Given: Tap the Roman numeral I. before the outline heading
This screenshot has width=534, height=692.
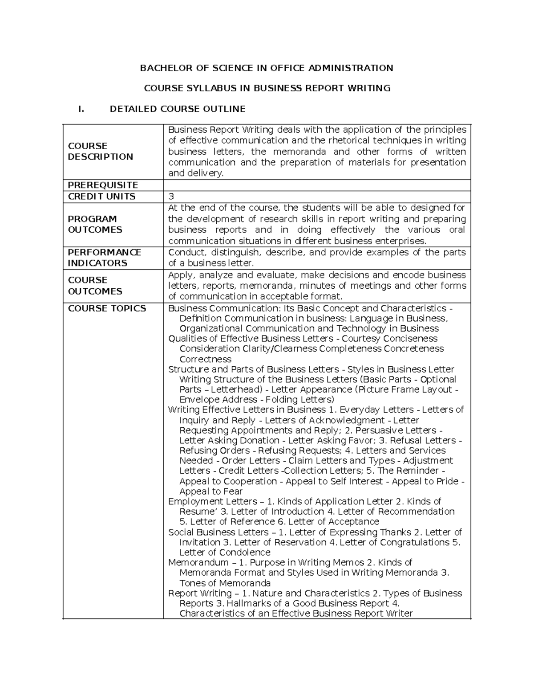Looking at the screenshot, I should (x=81, y=109).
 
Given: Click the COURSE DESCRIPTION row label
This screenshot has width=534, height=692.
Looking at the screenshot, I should (x=100, y=152).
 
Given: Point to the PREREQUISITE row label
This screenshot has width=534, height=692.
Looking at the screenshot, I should (x=103, y=185).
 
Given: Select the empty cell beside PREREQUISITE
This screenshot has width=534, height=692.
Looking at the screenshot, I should (x=317, y=185).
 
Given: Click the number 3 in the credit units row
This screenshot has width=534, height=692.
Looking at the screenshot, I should (x=171, y=197).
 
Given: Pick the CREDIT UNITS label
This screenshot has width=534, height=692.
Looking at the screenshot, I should (x=101, y=197).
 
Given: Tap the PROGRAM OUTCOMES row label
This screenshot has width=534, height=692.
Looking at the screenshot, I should (x=94, y=224).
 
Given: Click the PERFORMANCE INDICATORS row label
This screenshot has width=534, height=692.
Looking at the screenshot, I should (x=104, y=258).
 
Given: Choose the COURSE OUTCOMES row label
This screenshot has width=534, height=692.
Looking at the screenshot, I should (x=94, y=286).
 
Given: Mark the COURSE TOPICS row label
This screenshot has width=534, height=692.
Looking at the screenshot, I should (x=107, y=308).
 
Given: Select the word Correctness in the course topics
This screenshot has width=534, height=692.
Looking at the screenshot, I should (x=205, y=359).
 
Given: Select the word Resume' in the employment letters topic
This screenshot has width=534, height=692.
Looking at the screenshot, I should (x=197, y=512).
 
